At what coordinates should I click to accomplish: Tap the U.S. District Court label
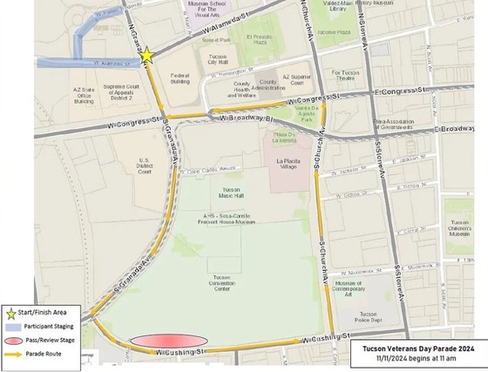click(x=145, y=166)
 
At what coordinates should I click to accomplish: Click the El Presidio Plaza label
click(x=261, y=40)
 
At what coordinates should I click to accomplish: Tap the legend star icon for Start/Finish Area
click(x=11, y=311)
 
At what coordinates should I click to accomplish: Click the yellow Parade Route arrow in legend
click(x=11, y=354)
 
